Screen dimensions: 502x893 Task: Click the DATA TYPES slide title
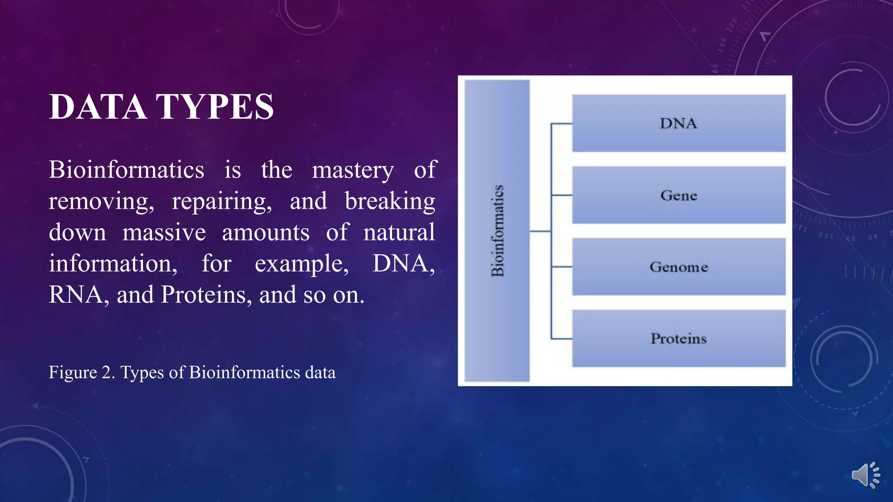(161, 107)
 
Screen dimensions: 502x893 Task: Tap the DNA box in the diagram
(678, 123)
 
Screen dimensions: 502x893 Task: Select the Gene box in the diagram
(678, 195)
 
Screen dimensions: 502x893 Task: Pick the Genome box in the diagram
(678, 267)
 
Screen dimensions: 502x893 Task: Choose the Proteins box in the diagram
(678, 339)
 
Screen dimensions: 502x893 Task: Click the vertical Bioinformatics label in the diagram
(498, 231)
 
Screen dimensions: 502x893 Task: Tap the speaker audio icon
(865, 475)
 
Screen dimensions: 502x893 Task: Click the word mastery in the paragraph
(353, 170)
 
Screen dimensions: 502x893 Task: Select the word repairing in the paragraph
(222, 201)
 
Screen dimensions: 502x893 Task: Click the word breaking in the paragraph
(390, 201)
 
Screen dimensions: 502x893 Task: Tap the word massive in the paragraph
(164, 232)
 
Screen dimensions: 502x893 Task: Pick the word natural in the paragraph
(399, 232)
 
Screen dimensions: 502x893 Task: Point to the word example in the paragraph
(301, 264)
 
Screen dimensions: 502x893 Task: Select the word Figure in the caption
(73, 373)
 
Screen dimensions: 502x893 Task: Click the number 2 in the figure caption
(107, 373)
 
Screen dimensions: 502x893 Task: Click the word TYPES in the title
(215, 107)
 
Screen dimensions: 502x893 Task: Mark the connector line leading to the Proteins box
(562, 339)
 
